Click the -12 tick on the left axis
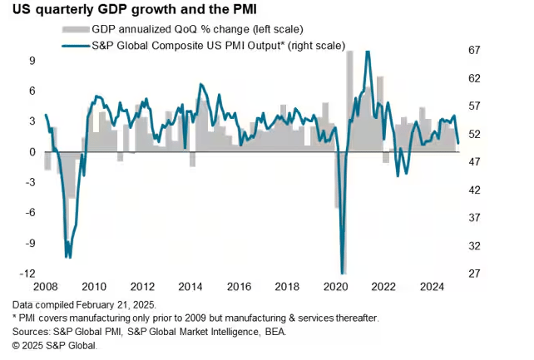pos(27,274)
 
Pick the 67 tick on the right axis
pos(475,51)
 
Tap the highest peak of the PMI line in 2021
pos(368,52)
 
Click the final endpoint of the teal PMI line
pos(458,143)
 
